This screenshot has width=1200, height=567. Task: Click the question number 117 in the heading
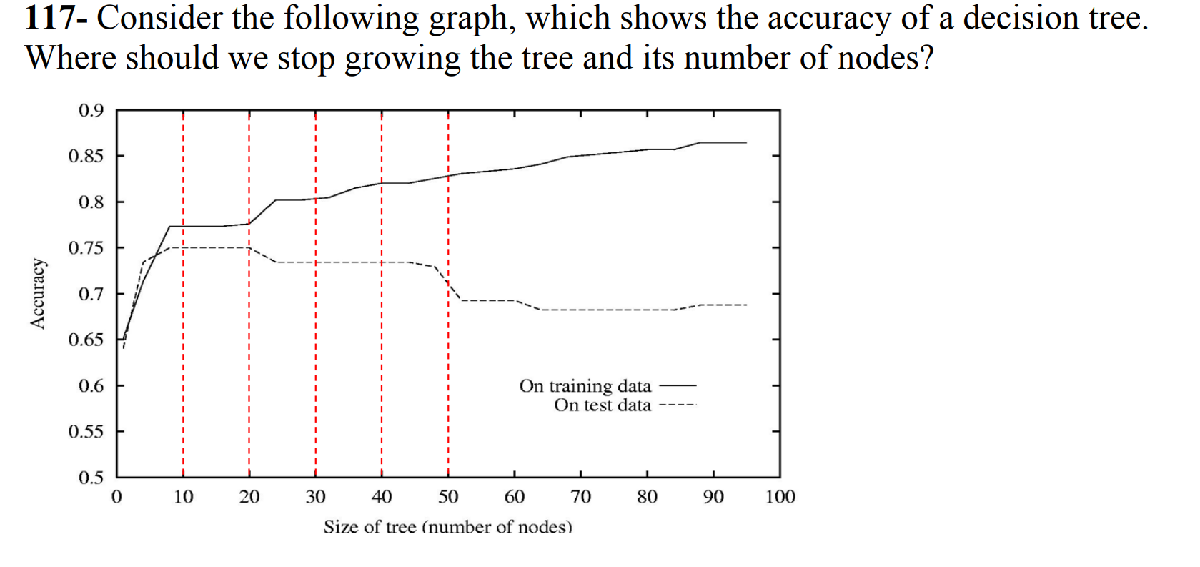[x=49, y=18]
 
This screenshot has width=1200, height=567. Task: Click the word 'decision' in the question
[x=1020, y=18]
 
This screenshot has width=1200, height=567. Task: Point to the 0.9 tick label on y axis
[x=91, y=110]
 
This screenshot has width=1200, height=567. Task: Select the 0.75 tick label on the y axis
[x=86, y=248]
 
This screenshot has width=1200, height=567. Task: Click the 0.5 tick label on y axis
[x=91, y=478]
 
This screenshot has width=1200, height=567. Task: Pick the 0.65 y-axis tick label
[x=86, y=340]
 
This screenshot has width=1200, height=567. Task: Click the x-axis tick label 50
[x=448, y=497]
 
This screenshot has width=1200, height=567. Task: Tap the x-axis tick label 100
[x=780, y=497]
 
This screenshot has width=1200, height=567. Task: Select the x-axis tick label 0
[x=116, y=497]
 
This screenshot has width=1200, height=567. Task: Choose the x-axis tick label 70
[x=580, y=497]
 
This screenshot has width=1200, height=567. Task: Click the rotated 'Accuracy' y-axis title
[x=38, y=294]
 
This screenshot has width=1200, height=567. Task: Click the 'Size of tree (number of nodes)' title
[x=448, y=528]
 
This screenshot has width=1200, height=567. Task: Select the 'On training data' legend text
[x=585, y=386]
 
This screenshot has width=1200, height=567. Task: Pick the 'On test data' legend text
[x=603, y=405]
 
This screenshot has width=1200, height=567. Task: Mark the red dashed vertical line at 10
[x=183, y=358]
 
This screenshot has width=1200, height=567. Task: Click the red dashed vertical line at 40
[x=382, y=358]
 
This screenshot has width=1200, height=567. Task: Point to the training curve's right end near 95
[x=745, y=143]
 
